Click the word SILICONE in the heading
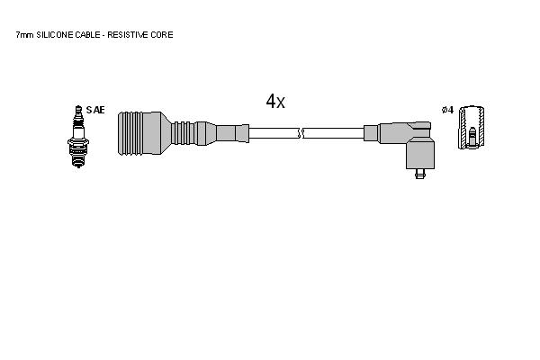click(x=54, y=35)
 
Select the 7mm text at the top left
click(x=25, y=35)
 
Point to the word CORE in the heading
click(x=161, y=35)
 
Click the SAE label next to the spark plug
click(x=95, y=110)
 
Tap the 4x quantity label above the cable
click(x=275, y=102)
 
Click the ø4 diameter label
click(x=447, y=110)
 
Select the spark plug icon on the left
click(x=78, y=137)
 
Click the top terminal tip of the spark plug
click(x=78, y=107)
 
